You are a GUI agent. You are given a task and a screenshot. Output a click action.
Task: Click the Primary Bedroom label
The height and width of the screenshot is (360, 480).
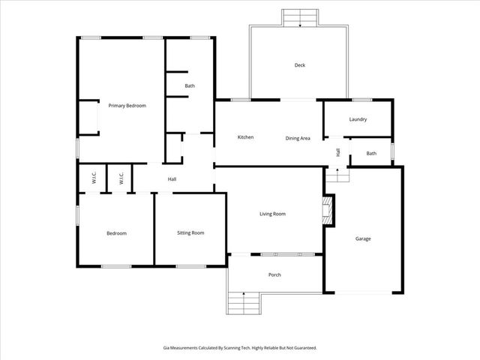[127, 106]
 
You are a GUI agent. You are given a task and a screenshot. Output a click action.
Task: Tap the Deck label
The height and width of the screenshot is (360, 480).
[300, 65]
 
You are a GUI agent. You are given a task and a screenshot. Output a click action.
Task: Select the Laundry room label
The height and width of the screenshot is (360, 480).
[358, 119]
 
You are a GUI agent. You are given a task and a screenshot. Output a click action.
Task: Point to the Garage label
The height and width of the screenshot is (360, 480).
[363, 238]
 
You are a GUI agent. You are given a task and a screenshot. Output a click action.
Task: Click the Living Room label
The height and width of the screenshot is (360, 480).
[273, 214]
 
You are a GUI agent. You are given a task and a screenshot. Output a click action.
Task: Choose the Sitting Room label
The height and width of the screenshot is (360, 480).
[190, 232]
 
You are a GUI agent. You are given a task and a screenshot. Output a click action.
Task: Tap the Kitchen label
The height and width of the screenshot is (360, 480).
[245, 137]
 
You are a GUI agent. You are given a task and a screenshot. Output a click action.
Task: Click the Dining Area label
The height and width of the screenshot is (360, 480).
[298, 138]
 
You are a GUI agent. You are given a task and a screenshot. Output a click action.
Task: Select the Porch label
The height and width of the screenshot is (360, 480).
[274, 274]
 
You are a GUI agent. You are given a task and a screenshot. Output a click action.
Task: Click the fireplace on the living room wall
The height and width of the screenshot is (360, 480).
[328, 211]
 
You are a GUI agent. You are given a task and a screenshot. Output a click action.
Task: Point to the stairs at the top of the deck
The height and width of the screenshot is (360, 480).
[300, 18]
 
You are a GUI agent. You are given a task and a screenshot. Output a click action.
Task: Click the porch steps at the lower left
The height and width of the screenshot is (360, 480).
[244, 304]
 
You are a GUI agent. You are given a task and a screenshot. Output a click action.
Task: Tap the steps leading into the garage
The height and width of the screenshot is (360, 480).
[337, 175]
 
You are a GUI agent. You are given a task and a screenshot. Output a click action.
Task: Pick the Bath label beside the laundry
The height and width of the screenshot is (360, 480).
[371, 154]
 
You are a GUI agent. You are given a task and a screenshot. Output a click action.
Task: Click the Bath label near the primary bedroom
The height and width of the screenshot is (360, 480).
[190, 86]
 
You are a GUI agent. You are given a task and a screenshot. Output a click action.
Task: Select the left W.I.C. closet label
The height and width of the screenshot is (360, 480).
[94, 178]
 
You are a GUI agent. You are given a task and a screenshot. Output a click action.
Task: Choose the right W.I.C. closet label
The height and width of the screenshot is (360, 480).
[121, 178]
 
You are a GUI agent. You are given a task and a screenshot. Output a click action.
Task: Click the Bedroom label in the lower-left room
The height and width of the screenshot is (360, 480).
[116, 233]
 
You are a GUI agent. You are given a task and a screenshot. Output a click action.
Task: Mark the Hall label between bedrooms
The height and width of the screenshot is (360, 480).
[172, 179]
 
